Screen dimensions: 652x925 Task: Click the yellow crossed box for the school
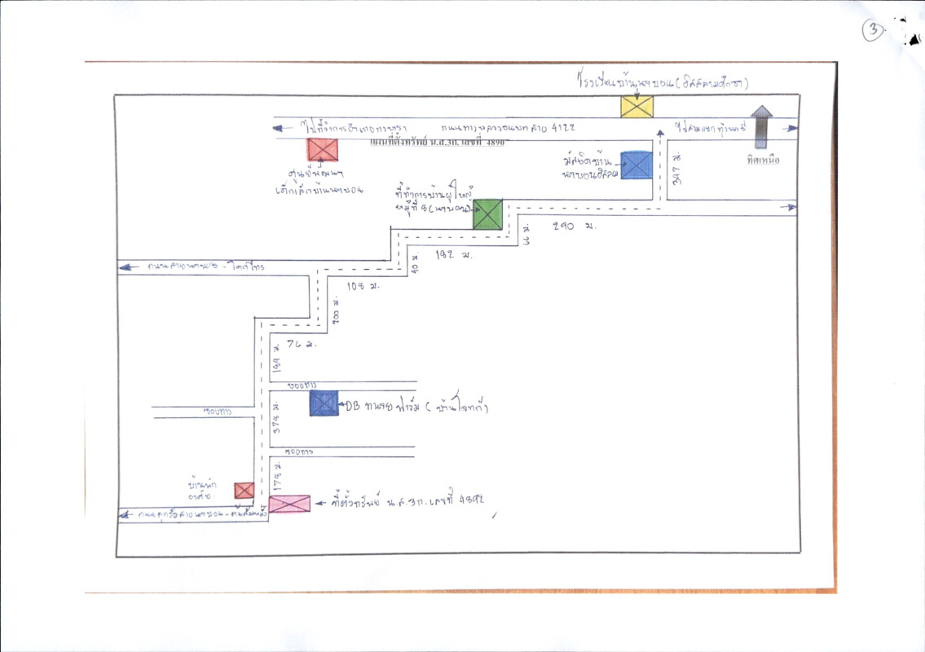tap(637, 107)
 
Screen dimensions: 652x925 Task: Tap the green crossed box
tap(487, 214)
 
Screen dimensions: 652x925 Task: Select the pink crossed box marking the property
tap(289, 504)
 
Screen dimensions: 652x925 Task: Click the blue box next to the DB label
tap(324, 403)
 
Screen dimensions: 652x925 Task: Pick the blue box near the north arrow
tap(636, 165)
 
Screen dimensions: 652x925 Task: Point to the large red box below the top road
tap(323, 150)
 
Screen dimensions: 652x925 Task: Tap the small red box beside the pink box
tap(244, 490)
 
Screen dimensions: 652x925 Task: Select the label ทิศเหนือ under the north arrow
tap(762, 161)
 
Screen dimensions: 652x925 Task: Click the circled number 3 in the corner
tap(874, 30)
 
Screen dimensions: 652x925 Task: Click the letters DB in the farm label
tap(354, 405)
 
